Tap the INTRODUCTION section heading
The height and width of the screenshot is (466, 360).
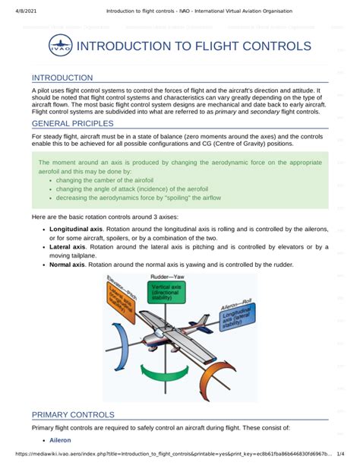pos(62,78)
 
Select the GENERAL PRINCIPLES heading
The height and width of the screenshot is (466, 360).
pos(73,123)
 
